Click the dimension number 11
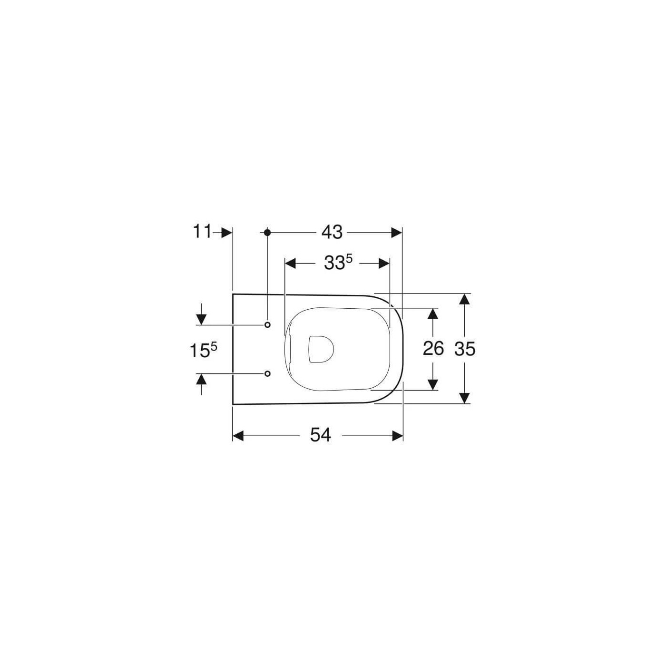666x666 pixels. point(202,232)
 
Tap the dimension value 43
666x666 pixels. point(332,232)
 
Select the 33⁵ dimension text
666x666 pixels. point(338,264)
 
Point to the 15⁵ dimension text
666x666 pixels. point(203,351)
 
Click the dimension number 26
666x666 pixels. point(433,348)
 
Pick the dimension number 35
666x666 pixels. point(465,349)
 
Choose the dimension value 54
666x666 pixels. point(320,435)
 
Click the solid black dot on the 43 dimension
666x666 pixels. point(267,233)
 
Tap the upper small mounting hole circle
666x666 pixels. point(267,324)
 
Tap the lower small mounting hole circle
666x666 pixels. point(267,373)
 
